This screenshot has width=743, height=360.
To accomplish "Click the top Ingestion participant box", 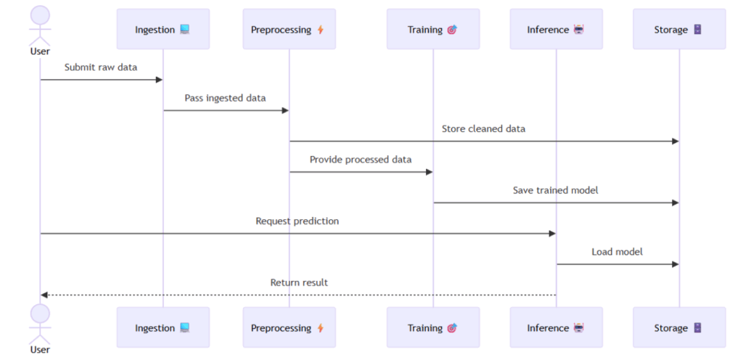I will (163, 29).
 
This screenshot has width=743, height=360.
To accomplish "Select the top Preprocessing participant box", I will (289, 29).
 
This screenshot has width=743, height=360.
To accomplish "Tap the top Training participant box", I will (432, 29).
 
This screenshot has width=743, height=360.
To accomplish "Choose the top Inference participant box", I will (556, 29).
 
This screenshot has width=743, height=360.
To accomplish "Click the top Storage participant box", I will (679, 29).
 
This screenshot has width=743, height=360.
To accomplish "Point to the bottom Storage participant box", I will (679, 327).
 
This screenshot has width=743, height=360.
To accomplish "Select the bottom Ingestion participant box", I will (163, 327).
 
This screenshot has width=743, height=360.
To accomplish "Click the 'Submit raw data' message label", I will (101, 67).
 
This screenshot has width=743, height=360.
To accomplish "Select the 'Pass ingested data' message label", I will (225, 98).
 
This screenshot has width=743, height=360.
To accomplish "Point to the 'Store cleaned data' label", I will (483, 128).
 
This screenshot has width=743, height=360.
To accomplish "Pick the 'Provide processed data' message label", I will (361, 160).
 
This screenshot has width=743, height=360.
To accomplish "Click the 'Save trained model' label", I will (556, 190).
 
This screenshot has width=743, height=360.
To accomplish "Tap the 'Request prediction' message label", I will (297, 221).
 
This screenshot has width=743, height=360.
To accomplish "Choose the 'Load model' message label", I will (617, 252).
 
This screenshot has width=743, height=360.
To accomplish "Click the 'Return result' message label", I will (299, 282).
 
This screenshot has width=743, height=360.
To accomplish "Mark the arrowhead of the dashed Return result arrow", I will (44, 295).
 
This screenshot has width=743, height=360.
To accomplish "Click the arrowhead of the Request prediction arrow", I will (552, 233).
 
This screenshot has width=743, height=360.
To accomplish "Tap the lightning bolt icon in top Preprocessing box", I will (321, 30).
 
